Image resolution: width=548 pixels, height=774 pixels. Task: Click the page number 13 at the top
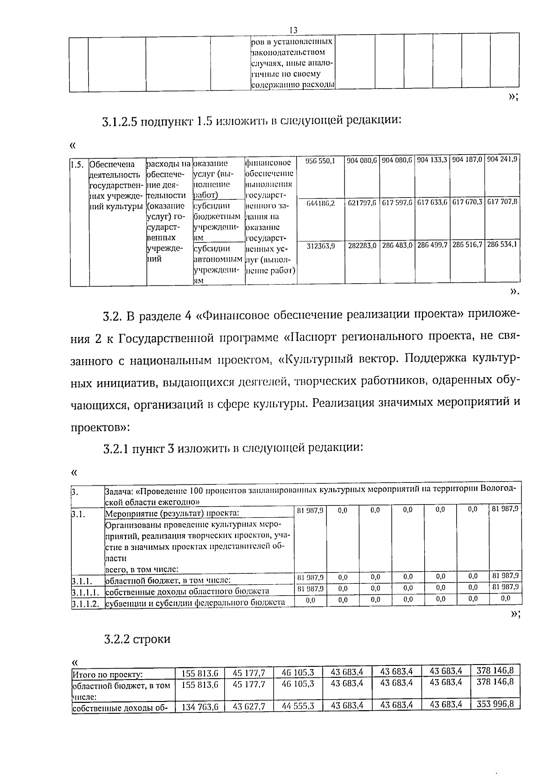[293, 30]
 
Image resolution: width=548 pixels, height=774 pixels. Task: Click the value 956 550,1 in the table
[320, 161]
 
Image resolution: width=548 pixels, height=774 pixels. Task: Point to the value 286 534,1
[502, 244]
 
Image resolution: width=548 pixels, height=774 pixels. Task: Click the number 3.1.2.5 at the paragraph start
[120, 122]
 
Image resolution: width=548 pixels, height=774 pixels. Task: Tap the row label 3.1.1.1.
[85, 592]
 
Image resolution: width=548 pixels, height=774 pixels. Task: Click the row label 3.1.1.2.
[85, 603]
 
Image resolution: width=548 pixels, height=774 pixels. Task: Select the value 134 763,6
[200, 707]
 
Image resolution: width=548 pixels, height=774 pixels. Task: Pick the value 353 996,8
[495, 704]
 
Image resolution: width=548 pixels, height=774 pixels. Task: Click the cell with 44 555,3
[298, 706]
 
